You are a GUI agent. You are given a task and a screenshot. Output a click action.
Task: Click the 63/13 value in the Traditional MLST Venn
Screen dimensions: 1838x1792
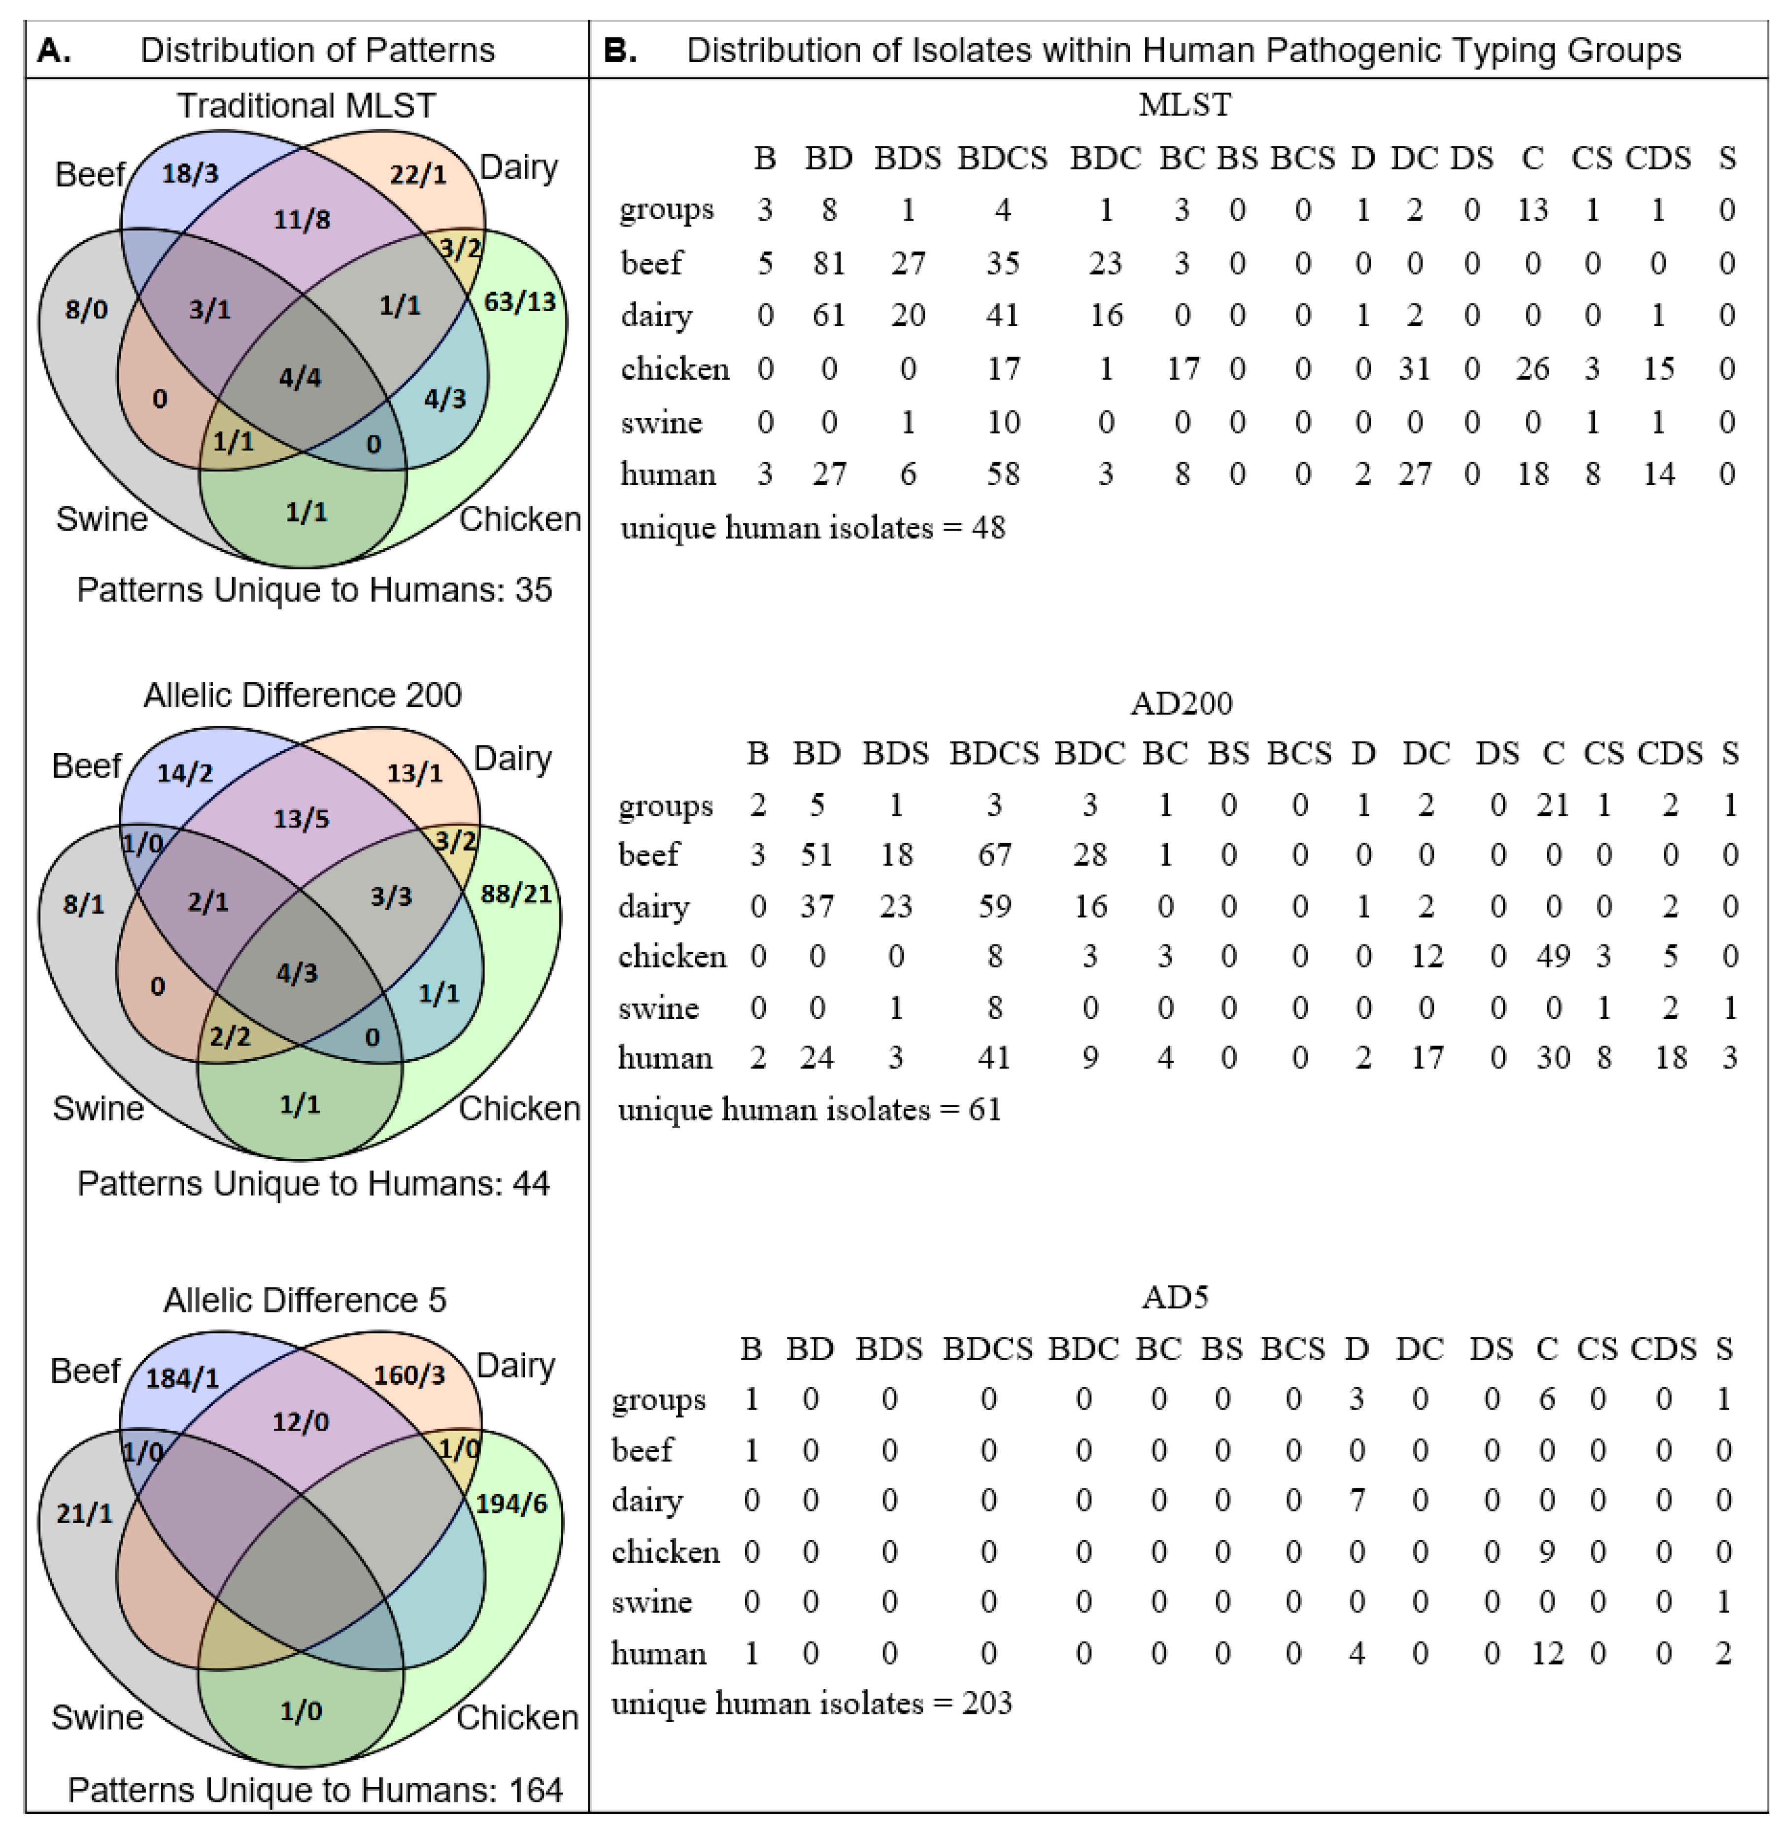tap(519, 302)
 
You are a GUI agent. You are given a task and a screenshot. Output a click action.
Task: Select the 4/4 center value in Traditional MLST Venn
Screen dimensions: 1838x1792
tap(300, 378)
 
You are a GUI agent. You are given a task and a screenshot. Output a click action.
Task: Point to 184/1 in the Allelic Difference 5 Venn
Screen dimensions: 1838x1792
tap(183, 1379)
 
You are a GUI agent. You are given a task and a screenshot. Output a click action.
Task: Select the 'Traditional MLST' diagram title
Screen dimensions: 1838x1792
tap(307, 105)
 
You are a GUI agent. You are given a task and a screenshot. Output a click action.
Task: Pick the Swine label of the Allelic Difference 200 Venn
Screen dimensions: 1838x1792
tap(98, 1108)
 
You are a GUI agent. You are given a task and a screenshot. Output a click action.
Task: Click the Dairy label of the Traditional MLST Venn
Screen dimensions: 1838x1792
tap(519, 167)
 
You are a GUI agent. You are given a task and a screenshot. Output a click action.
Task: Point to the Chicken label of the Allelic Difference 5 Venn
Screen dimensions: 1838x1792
tap(518, 1717)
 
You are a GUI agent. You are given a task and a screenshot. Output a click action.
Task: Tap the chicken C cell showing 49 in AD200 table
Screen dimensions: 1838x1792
tap(1553, 956)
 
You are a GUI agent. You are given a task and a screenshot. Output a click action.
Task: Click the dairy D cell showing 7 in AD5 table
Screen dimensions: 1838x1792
tap(1356, 1500)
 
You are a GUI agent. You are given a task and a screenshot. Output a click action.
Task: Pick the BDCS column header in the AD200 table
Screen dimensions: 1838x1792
tap(994, 753)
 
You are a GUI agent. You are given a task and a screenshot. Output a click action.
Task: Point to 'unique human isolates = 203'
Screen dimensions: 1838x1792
tap(811, 1704)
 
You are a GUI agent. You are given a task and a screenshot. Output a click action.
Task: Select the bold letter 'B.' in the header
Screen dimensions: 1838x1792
tap(619, 50)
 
